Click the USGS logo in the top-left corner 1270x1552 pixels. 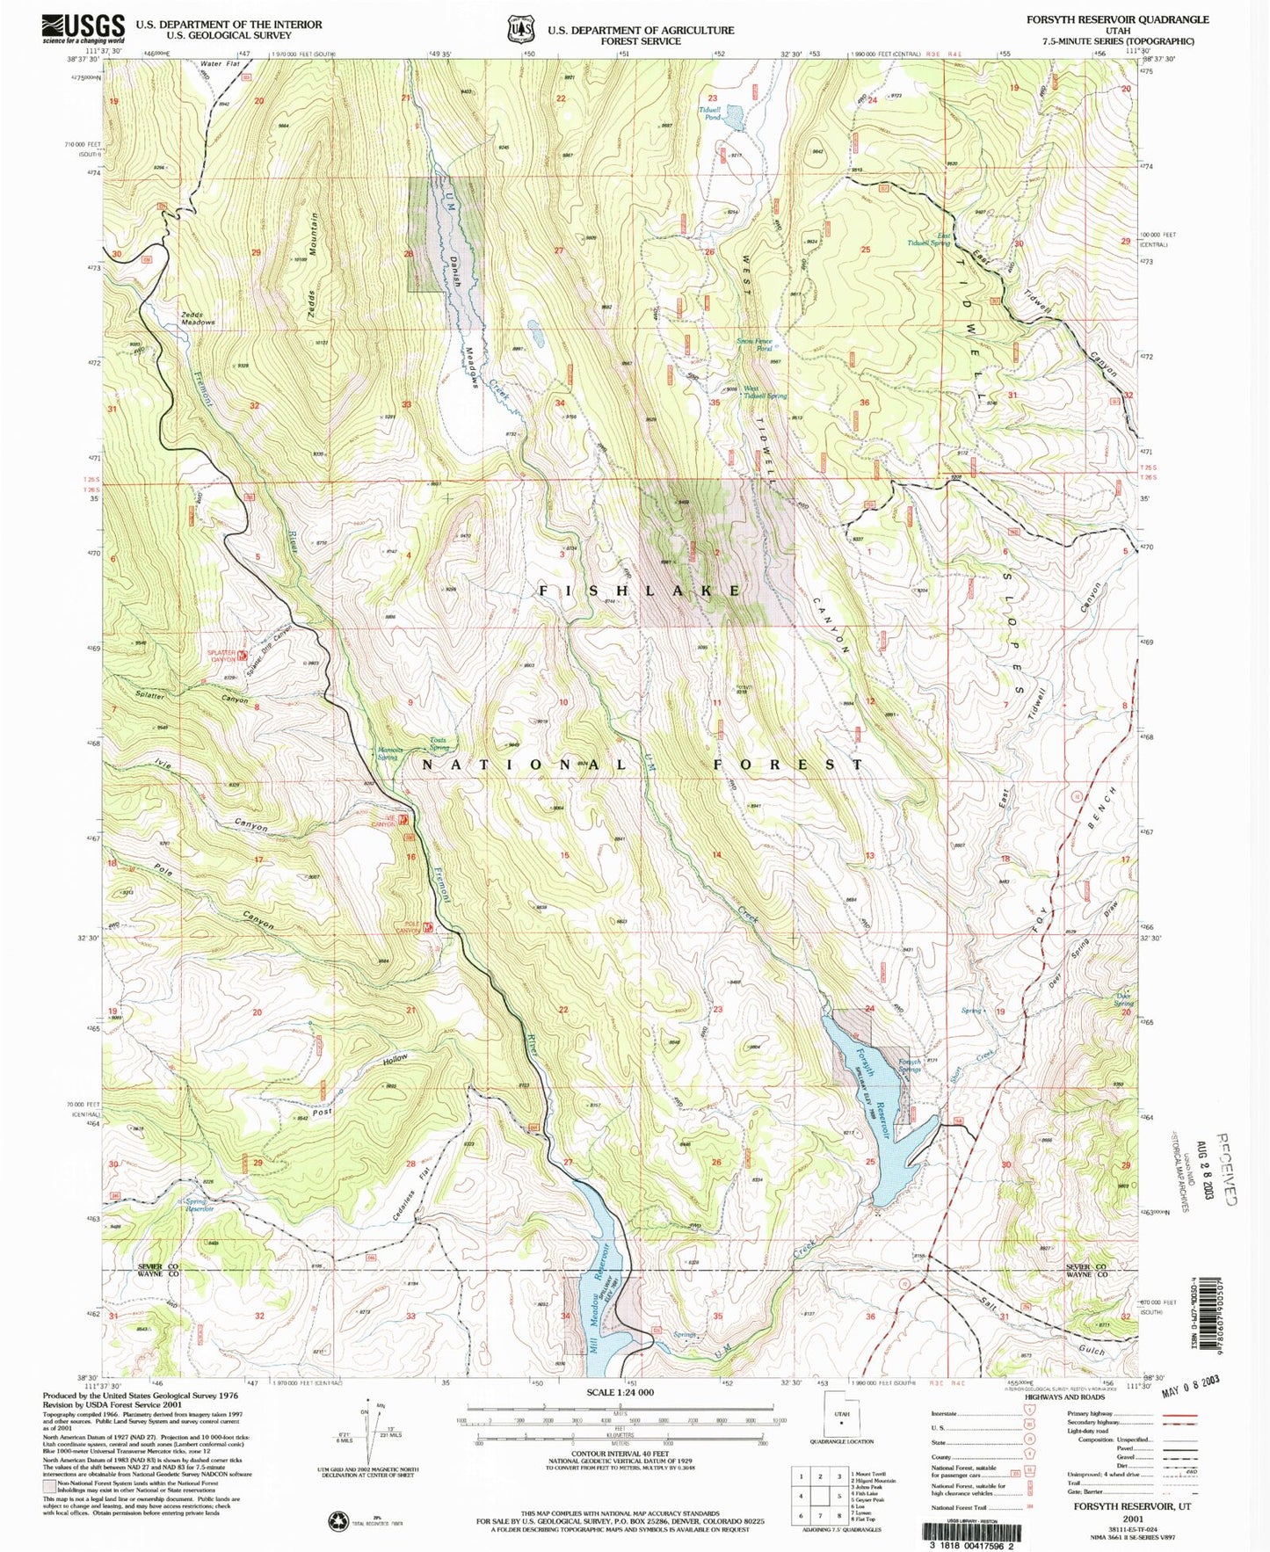click(83, 29)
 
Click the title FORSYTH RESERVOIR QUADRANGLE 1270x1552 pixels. click(1117, 19)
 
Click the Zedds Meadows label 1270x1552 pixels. click(198, 319)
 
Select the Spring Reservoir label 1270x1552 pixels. click(199, 1206)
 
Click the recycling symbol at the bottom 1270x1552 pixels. click(338, 1519)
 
